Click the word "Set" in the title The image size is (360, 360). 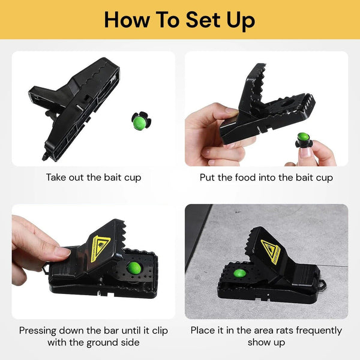point(202,20)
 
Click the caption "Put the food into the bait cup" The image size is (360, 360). point(266,178)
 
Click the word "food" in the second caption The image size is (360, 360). point(247,178)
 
